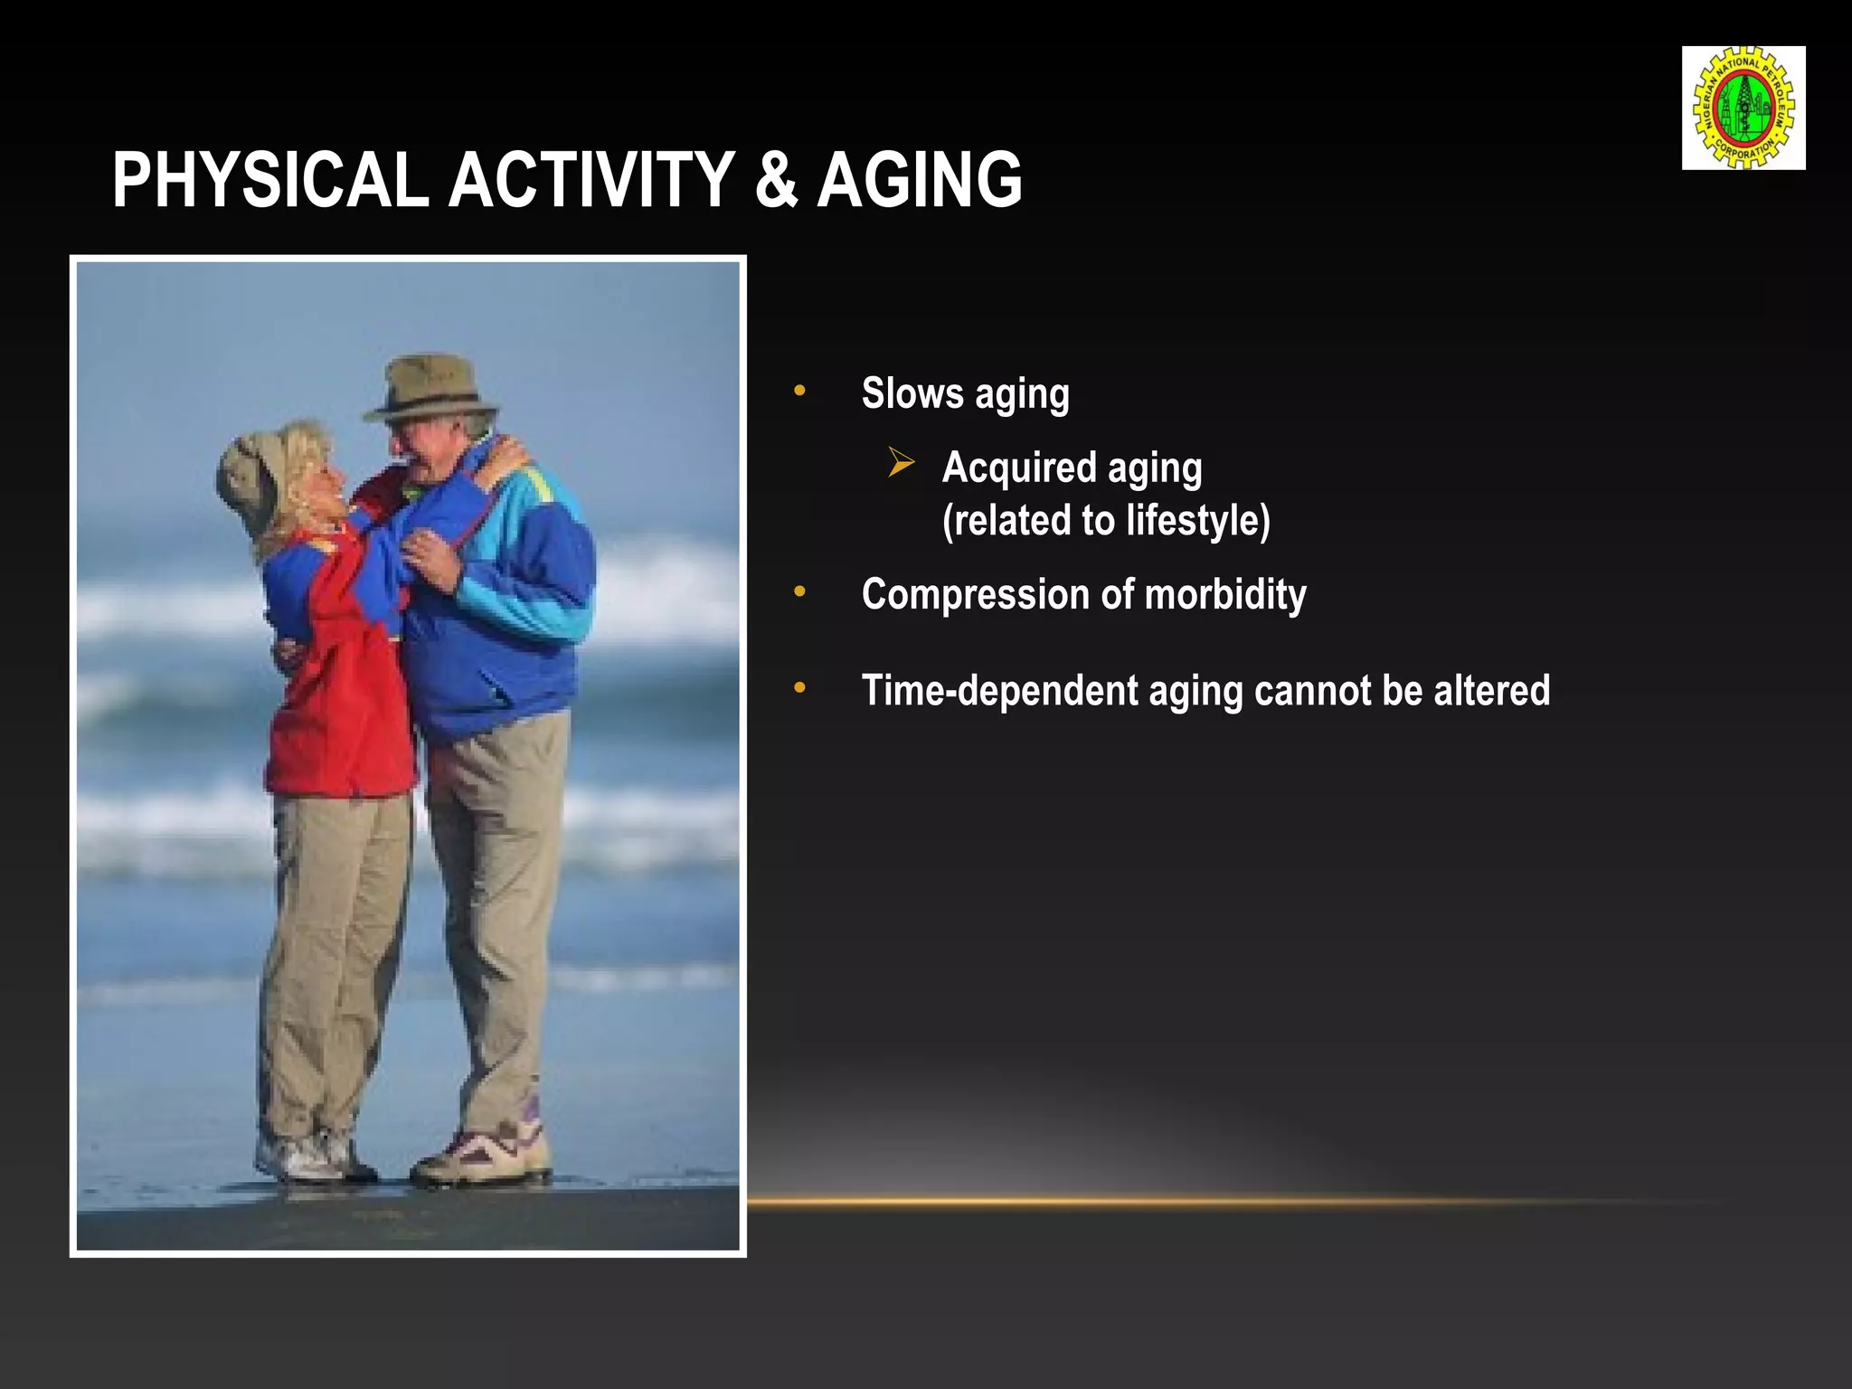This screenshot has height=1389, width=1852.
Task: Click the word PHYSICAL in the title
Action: pos(269,180)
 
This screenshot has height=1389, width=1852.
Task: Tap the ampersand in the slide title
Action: pos(776,180)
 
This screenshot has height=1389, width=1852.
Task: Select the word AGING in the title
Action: pos(920,180)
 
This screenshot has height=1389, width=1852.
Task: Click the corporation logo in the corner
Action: pos(1743,108)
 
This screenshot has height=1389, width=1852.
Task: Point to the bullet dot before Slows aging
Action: pos(799,391)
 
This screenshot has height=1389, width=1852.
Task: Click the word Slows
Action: pos(912,393)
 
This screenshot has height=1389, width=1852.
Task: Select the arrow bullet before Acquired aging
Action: pos(901,463)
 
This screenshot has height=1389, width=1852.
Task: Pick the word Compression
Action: pos(975,595)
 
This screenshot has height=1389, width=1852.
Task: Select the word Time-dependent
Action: pos(999,691)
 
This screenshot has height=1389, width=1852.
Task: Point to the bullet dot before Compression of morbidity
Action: pos(799,592)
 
